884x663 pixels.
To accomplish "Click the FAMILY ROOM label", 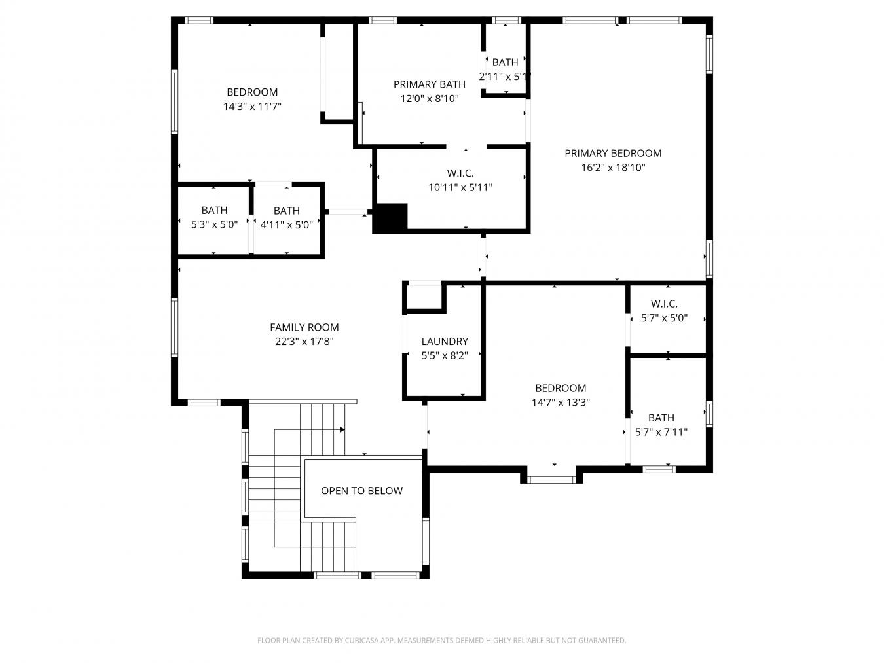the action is (x=304, y=327).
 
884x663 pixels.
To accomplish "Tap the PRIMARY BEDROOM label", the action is (x=613, y=153).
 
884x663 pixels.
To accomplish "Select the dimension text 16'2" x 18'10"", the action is (x=613, y=168).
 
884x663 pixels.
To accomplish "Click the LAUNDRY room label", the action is (x=445, y=342).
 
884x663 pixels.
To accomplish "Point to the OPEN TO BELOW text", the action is (x=361, y=491).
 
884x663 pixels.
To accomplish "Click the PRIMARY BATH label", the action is (x=430, y=84).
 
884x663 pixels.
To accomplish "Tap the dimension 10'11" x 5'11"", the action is (x=460, y=188).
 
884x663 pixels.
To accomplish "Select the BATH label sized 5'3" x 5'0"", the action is (x=214, y=211).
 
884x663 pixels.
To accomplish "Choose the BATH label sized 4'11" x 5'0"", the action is (x=286, y=211).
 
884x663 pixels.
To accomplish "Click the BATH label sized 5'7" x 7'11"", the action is (x=661, y=418).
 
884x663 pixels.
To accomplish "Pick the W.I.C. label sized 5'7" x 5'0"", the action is (x=664, y=304).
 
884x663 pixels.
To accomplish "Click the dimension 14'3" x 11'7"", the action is (x=252, y=107).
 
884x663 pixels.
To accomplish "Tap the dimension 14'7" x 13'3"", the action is (x=561, y=403).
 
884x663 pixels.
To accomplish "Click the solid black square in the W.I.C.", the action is (x=390, y=217).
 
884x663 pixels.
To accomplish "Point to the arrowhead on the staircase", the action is (x=342, y=429).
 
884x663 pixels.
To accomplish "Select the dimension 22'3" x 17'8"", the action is (x=304, y=342).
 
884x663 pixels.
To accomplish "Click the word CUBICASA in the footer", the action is (x=361, y=641).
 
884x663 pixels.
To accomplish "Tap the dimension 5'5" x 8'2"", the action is (x=445, y=356).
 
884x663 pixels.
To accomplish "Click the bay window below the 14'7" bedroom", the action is (x=551, y=480).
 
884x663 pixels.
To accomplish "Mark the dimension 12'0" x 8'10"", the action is (x=430, y=99).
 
